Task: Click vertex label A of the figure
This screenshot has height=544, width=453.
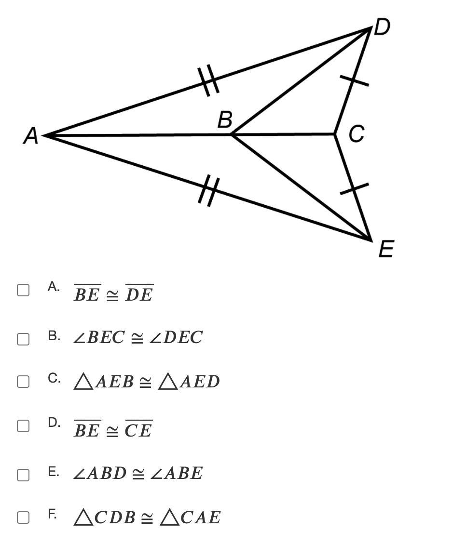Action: point(31,135)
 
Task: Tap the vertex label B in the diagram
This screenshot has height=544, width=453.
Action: point(225,119)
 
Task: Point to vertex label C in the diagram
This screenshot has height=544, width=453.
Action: point(357,133)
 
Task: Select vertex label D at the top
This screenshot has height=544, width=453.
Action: point(382,27)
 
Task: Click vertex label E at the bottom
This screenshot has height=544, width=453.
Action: point(386,249)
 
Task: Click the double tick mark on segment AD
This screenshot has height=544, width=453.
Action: point(208,80)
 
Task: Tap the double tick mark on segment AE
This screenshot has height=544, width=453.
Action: point(209,191)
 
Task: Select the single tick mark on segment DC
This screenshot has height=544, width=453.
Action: point(354,80)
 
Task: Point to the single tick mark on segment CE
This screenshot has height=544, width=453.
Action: point(354,189)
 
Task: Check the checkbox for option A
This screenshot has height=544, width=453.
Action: point(23,290)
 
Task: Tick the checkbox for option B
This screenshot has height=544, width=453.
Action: point(23,339)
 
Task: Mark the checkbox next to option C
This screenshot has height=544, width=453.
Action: point(23,381)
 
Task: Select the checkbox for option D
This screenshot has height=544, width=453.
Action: point(23,425)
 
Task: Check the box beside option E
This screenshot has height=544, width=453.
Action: point(23,475)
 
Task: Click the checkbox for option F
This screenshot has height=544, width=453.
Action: point(23,517)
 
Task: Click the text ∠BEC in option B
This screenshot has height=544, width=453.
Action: point(99,337)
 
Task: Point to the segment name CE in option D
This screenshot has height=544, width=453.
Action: point(138,429)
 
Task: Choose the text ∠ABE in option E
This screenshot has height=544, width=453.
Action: point(177,473)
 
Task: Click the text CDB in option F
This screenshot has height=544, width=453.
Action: point(115,517)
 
